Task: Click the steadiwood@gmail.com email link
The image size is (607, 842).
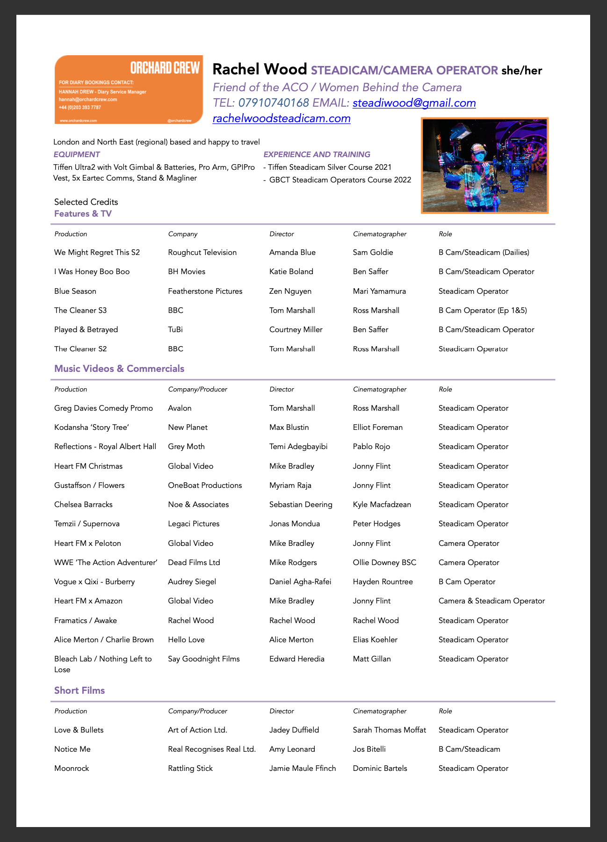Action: pyautogui.click(x=414, y=103)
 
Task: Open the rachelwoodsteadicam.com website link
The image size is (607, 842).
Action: pyautogui.click(x=282, y=118)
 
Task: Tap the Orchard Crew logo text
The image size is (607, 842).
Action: pyautogui.click(x=165, y=68)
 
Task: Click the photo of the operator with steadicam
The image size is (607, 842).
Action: pyautogui.click(x=484, y=166)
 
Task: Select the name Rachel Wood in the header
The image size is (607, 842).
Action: pyautogui.click(x=260, y=69)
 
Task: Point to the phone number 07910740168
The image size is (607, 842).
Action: pyautogui.click(x=274, y=103)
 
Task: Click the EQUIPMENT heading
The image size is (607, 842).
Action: pyautogui.click(x=77, y=154)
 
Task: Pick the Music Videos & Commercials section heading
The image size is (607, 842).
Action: pyautogui.click(x=119, y=369)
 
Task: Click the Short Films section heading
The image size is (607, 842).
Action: pyautogui.click(x=79, y=690)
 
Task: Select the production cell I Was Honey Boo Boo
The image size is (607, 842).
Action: pyautogui.click(x=92, y=272)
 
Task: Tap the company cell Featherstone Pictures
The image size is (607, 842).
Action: pyautogui.click(x=205, y=291)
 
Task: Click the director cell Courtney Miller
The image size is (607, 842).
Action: pyautogui.click(x=296, y=330)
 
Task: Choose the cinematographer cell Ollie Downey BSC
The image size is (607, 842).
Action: pyautogui.click(x=384, y=563)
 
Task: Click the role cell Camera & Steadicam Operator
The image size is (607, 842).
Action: pyautogui.click(x=491, y=601)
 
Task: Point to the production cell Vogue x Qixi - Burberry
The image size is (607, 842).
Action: pyautogui.click(x=94, y=582)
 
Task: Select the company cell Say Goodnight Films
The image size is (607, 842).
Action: pyautogui.click(x=204, y=659)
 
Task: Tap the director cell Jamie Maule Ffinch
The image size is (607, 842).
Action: pyautogui.click(x=303, y=769)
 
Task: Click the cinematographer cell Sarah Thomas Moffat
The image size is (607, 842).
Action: pyautogui.click(x=389, y=730)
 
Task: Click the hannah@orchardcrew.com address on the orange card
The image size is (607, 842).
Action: pyautogui.click(x=88, y=100)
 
